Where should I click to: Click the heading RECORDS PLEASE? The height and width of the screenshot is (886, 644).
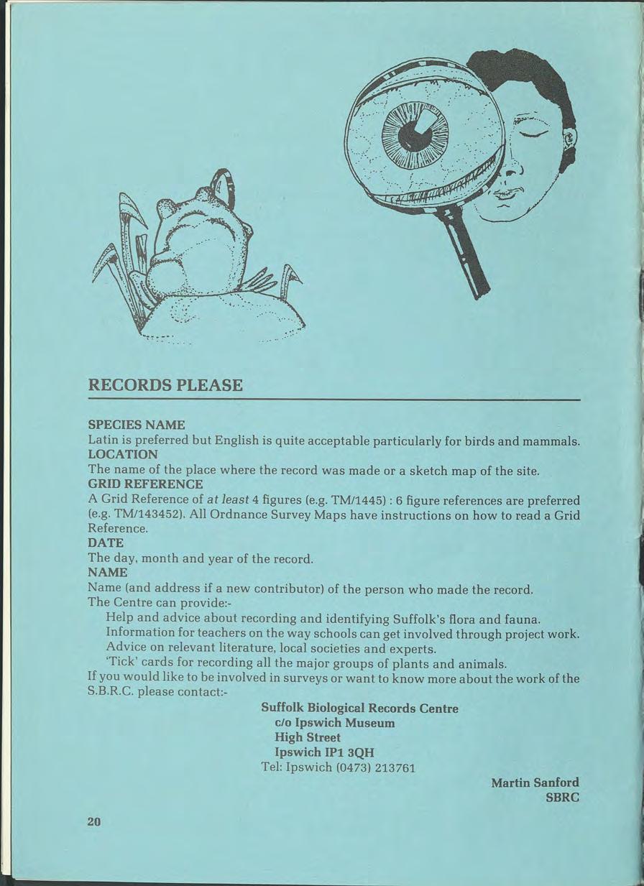(x=165, y=385)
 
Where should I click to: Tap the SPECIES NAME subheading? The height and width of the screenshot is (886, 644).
(x=137, y=425)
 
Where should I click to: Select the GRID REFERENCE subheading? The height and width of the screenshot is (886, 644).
(x=145, y=484)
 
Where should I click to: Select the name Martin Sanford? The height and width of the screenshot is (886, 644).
(x=535, y=782)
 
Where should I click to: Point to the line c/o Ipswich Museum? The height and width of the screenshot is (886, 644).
(x=335, y=722)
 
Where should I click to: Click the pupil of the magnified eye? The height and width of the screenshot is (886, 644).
(x=415, y=134)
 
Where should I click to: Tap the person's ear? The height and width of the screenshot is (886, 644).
(x=569, y=138)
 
